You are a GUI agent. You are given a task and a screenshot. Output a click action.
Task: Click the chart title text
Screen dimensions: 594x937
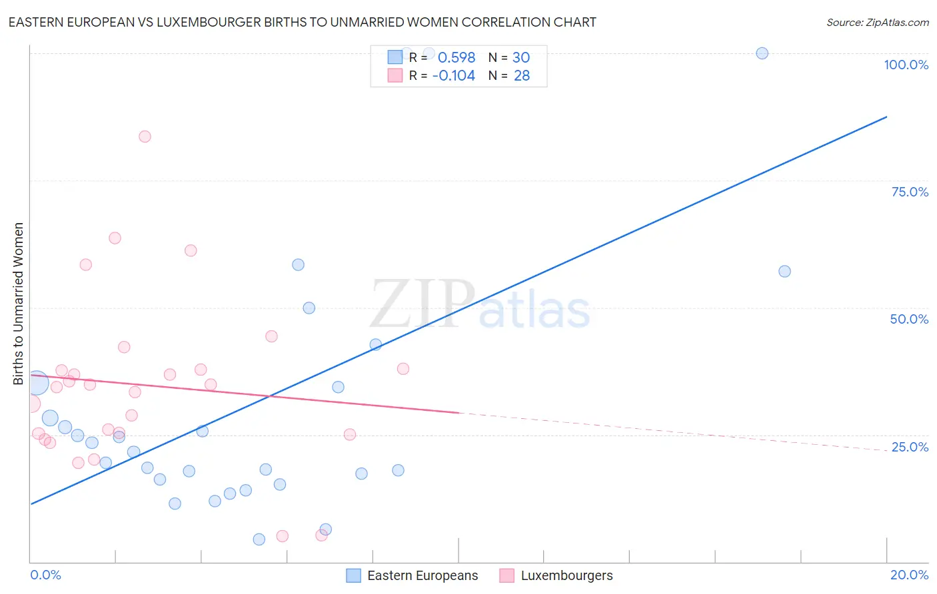[x=302, y=22]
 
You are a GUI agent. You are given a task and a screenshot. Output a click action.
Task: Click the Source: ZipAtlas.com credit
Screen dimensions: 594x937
[x=877, y=22]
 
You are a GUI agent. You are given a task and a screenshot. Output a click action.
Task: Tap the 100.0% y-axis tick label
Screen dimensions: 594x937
[x=906, y=65]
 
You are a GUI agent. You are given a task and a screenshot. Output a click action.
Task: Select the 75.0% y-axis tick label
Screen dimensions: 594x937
[x=910, y=192]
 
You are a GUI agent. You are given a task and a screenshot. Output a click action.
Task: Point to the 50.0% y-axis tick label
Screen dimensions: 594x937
[x=909, y=319]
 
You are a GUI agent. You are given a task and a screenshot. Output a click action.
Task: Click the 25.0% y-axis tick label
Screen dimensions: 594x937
[x=910, y=446]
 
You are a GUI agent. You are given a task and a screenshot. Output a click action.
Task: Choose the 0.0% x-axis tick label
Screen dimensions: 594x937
[x=45, y=575]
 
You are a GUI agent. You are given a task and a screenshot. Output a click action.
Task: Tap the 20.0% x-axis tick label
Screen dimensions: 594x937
[x=909, y=575]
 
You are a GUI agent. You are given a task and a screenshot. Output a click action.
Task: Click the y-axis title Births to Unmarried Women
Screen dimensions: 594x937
[x=19, y=304]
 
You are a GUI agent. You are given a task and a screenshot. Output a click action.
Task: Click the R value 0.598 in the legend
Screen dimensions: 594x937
[x=457, y=58]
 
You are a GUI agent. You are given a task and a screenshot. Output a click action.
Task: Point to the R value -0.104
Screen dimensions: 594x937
[x=453, y=76]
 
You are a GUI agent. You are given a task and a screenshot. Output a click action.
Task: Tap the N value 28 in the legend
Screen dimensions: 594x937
[x=522, y=76]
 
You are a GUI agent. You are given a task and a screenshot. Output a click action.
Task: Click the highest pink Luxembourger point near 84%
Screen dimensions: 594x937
[x=145, y=137]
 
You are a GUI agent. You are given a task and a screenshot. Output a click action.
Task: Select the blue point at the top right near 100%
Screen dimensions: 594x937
[x=762, y=53]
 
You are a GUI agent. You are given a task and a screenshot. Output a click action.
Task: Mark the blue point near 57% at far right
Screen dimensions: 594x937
[x=784, y=271]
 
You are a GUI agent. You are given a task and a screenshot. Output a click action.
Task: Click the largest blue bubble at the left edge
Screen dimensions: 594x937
[x=37, y=383]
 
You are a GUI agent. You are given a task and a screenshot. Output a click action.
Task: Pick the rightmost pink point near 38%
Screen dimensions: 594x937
[x=403, y=368]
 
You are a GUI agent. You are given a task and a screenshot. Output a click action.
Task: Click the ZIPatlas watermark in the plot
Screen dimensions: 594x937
[x=480, y=305]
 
